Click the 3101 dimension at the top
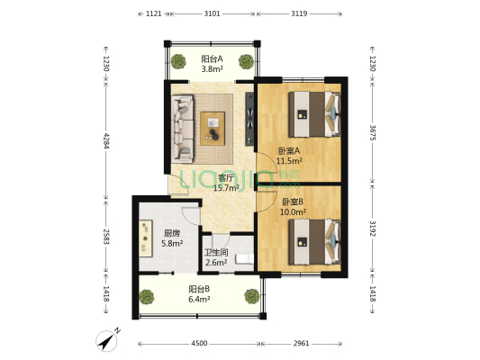coord(212,13)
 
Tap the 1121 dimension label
coord(154,13)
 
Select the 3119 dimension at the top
coord(299,13)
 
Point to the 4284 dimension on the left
coord(106,140)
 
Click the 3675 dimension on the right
coord(372,132)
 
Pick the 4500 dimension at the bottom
coord(199,344)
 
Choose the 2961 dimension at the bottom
coord(301,344)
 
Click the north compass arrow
coord(107,341)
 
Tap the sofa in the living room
coord(183,129)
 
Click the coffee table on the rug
coord(213,129)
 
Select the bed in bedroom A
coord(314,114)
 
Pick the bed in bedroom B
coord(314,242)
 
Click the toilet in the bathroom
coord(244,259)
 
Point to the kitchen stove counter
coord(146,238)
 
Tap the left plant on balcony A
coord(178,62)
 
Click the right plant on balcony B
coord(252,296)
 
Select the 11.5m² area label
coord(289,160)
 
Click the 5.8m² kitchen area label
coord(172,244)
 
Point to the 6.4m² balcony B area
coord(199,299)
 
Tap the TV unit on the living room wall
coord(249,119)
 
